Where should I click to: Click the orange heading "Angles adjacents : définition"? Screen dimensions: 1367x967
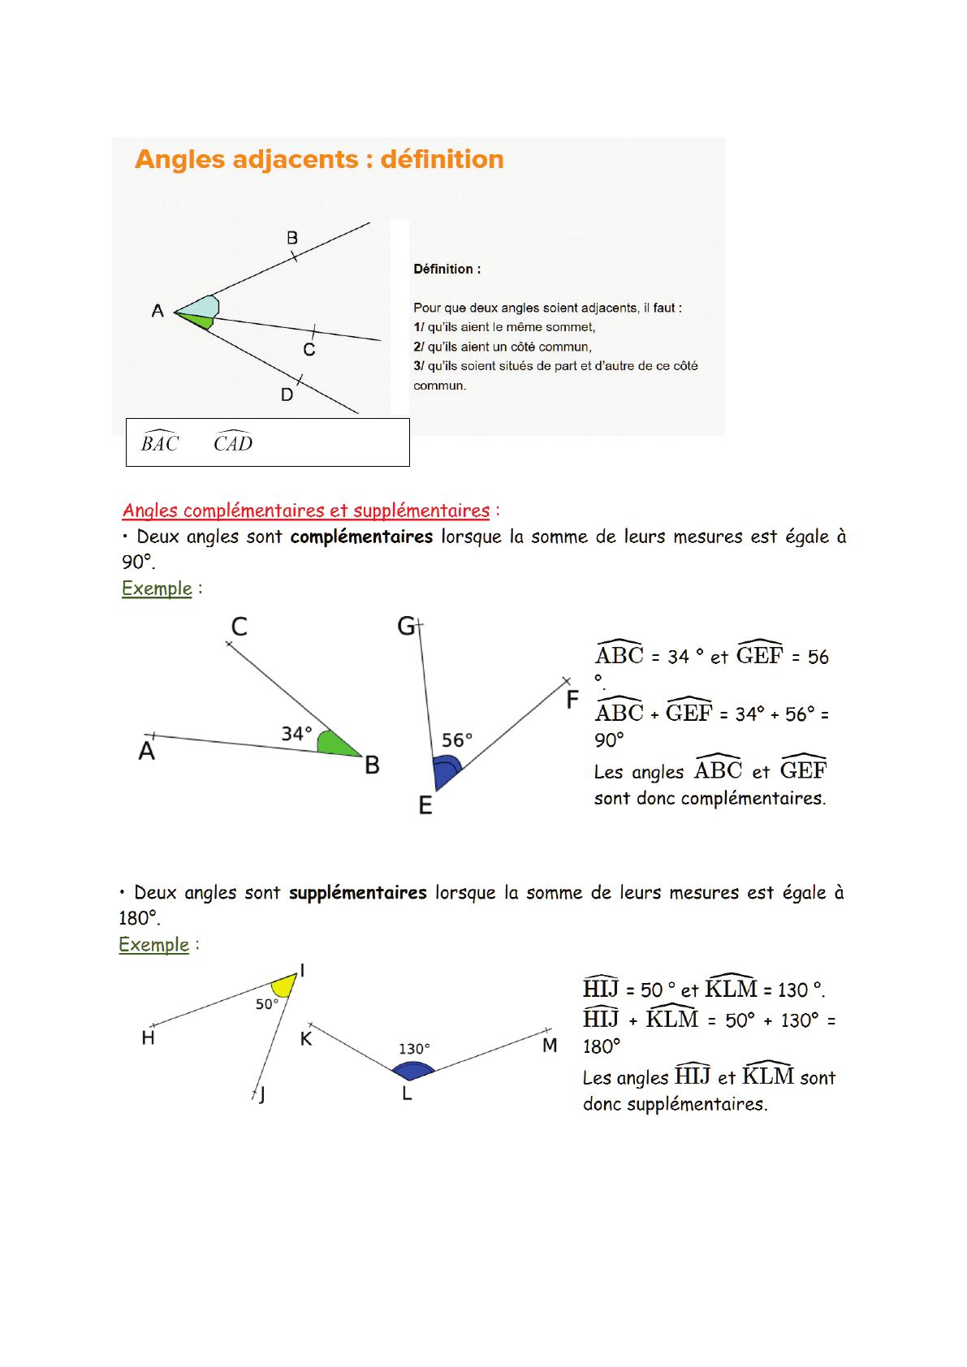[319, 159]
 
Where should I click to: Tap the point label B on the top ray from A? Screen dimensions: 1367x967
[292, 238]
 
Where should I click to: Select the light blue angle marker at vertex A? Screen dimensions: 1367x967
[204, 308]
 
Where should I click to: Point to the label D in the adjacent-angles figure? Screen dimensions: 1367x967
[287, 395]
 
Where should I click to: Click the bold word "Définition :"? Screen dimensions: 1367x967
[447, 270]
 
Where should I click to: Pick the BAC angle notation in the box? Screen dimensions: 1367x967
[160, 442]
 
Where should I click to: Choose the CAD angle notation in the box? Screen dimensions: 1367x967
[233, 442]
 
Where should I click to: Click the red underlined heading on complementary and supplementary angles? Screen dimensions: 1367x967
[306, 511]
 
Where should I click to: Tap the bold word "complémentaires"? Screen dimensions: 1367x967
[361, 537]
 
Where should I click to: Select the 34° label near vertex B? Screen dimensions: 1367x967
[296, 734]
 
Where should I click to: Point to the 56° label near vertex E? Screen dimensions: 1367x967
[457, 740]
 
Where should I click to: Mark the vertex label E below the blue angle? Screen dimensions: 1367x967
[425, 805]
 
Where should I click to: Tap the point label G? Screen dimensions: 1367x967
[406, 627]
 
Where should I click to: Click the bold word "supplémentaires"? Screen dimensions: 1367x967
[357, 893]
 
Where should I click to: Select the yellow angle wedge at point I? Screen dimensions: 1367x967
[285, 985]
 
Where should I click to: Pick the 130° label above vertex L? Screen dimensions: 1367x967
[414, 1049]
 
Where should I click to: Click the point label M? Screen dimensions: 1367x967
[550, 1046]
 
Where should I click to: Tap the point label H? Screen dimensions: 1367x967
[148, 1038]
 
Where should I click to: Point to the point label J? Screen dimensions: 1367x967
[261, 1096]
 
